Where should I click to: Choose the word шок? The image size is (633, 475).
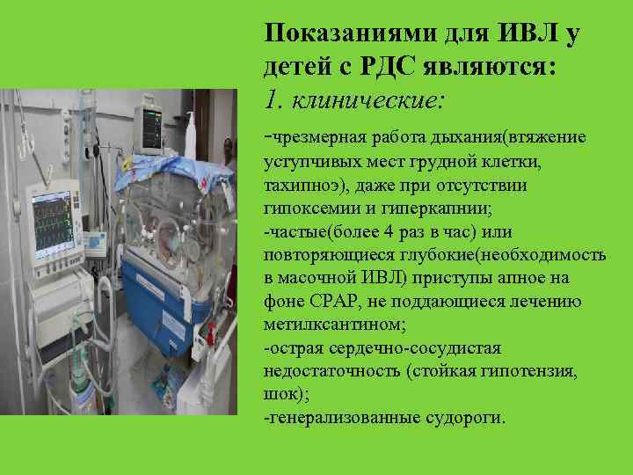(x=278, y=393)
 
